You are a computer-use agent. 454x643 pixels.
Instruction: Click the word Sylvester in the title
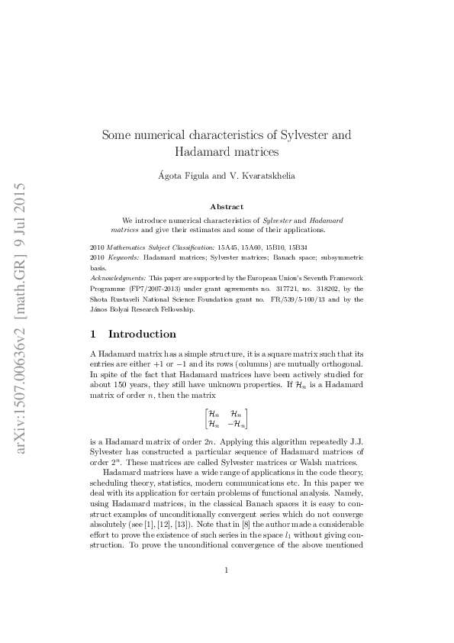pos(298,135)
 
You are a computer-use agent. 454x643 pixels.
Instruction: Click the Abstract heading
pos(227,206)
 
